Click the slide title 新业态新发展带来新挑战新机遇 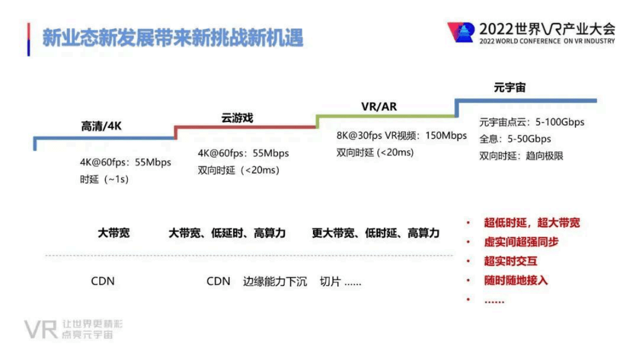[173, 38]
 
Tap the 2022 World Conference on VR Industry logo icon [461, 32]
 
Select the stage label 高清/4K [101, 127]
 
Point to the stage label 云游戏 [237, 118]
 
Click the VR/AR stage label [379, 106]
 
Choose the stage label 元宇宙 [510, 88]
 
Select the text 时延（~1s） [104, 179]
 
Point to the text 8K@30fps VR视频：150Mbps [402, 135]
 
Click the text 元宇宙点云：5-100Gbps [532, 122]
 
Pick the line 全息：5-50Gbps [515, 139]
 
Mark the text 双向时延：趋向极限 [521, 156]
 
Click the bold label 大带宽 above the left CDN [113, 233]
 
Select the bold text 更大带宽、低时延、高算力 [375, 233]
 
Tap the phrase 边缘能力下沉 [275, 281]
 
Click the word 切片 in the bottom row [330, 281]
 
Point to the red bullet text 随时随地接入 [515, 280]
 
